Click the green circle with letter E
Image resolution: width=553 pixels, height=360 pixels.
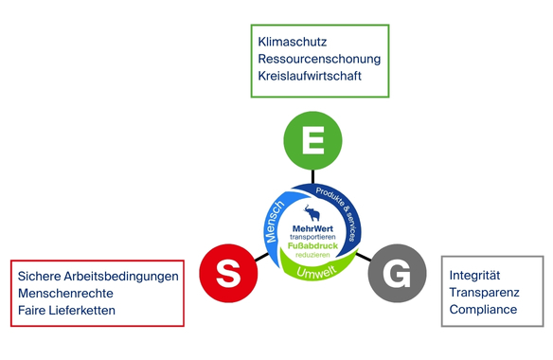click(x=312, y=140)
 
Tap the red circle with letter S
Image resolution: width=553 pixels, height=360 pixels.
click(x=228, y=273)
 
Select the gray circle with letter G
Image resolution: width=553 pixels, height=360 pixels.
click(x=397, y=273)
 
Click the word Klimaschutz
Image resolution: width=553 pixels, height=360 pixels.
click(x=293, y=42)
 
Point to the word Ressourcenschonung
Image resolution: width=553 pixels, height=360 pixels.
click(x=319, y=59)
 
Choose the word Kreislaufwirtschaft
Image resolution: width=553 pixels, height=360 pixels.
click(x=310, y=76)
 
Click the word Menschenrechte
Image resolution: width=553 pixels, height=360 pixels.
click(x=65, y=294)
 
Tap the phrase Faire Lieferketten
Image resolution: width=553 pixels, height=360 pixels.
click(x=66, y=311)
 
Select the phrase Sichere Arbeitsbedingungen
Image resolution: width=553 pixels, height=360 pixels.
click(x=98, y=277)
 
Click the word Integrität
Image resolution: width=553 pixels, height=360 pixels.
click(x=474, y=276)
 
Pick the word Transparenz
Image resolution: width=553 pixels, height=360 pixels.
click(x=484, y=293)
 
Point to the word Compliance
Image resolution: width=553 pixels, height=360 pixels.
click(x=483, y=310)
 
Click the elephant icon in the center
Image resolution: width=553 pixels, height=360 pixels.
click(x=312, y=213)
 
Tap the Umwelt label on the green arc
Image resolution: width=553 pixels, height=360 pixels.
click(x=316, y=272)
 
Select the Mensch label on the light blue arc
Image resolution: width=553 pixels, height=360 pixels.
click(x=275, y=222)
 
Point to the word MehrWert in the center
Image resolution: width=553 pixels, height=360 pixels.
click(x=312, y=228)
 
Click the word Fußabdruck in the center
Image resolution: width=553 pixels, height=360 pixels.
click(x=312, y=245)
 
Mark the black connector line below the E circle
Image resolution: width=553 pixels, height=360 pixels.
click(x=312, y=176)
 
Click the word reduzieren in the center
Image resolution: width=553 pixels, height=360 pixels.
click(x=312, y=255)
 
